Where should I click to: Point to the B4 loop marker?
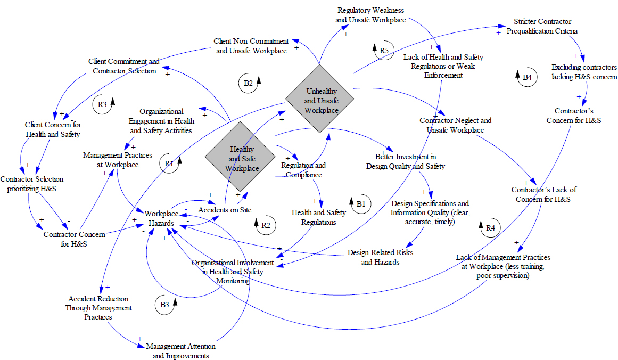coord(526,78)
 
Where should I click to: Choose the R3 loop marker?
coord(102,104)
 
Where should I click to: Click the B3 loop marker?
coord(164,305)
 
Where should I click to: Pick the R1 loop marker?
coord(169,164)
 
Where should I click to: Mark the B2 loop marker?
coord(249,83)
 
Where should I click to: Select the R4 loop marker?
coord(490,228)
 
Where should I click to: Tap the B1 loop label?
coord(360,203)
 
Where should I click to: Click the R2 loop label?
coord(265,226)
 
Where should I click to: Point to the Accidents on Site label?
coord(225,210)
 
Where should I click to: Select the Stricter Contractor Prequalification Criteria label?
coord(542,26)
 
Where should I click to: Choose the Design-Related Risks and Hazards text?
coord(380,257)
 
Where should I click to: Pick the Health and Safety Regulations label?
coord(318,217)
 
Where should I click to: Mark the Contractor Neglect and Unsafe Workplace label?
coord(455,125)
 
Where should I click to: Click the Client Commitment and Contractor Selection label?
coord(124,66)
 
